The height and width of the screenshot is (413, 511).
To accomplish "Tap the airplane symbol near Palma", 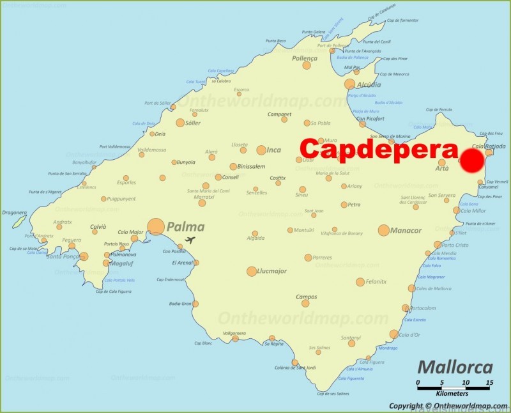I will [x=189, y=240].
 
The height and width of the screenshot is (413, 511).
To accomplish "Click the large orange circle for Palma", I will [x=156, y=226].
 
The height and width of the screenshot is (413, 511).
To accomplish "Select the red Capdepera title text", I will [x=379, y=150].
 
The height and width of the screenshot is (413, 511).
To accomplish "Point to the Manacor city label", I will [x=406, y=230].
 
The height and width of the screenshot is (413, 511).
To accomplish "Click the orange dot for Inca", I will [x=261, y=150].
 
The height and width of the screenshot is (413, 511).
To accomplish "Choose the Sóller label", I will [x=197, y=122].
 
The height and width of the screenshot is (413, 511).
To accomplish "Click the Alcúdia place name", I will [x=369, y=84].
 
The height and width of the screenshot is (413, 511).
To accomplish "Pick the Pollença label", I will [x=304, y=58].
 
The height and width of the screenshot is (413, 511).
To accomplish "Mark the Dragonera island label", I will [x=13, y=212].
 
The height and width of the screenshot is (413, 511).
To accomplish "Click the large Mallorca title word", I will [x=455, y=368].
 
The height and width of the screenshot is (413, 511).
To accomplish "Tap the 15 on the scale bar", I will [x=489, y=383].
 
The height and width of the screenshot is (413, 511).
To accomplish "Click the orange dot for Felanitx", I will [x=360, y=282].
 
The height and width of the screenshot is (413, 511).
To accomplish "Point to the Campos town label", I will [x=306, y=297].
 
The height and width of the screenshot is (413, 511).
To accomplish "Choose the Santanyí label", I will [x=351, y=338].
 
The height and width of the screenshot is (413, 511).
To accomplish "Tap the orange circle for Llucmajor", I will [x=252, y=271].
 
